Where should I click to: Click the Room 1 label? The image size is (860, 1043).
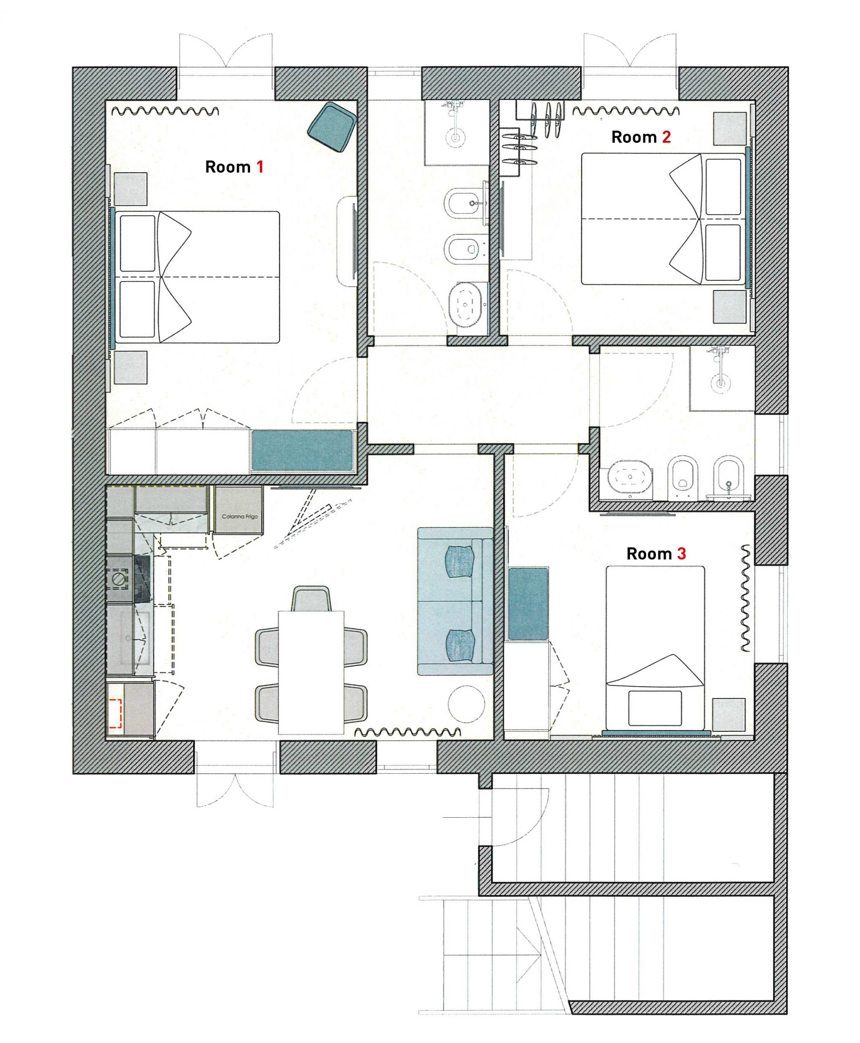click(234, 167)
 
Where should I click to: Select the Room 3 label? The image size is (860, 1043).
click(656, 553)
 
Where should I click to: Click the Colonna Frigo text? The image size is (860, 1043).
click(240, 516)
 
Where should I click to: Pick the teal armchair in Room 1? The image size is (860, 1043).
click(332, 127)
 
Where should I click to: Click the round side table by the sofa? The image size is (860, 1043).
click(466, 703)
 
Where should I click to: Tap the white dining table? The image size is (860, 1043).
click(311, 672)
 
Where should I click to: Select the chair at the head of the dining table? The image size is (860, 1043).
click(311, 599)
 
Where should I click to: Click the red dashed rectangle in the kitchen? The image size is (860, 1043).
click(115, 713)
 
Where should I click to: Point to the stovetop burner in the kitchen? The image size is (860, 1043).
click(119, 579)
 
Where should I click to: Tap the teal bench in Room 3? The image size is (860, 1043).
click(528, 603)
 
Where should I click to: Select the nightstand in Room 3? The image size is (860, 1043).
click(729, 715)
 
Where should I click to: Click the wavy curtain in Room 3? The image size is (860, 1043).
click(745, 598)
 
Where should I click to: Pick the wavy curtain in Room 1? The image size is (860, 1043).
click(165, 111)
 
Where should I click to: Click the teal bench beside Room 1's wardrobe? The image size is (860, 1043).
click(302, 450)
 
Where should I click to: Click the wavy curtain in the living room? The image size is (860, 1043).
click(408, 732)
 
